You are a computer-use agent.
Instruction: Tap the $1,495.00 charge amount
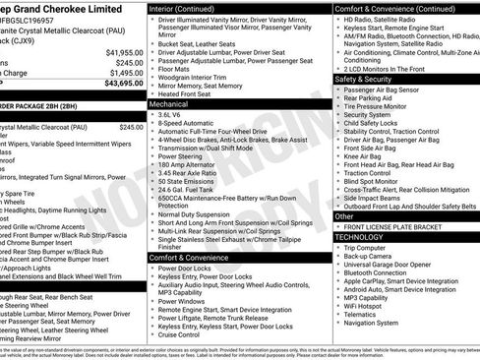[x=121, y=73]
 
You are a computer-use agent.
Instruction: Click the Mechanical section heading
[x=169, y=102]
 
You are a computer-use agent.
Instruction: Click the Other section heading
[x=345, y=215]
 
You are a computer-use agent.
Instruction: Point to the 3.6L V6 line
[x=172, y=114]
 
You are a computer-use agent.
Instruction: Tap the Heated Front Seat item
[x=192, y=93]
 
